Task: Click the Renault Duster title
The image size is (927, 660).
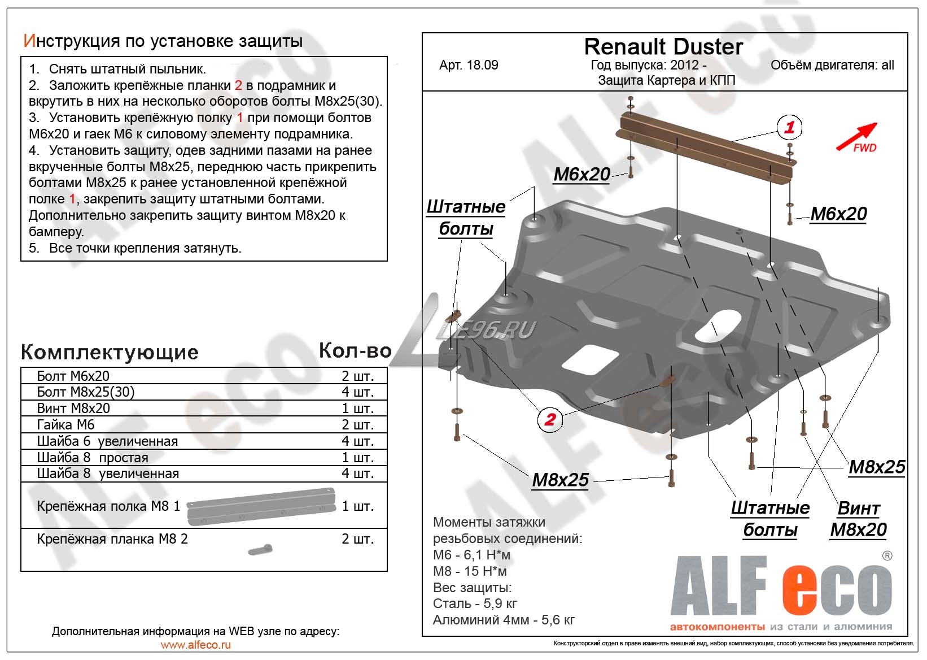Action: pyautogui.click(x=663, y=47)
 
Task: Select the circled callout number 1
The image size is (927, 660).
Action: pyautogui.click(x=789, y=127)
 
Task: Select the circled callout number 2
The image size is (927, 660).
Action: pyautogui.click(x=549, y=419)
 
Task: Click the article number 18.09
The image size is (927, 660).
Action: pyautogui.click(x=469, y=65)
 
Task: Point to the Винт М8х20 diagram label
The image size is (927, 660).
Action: pyautogui.click(x=858, y=519)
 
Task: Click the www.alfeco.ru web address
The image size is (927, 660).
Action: pyautogui.click(x=196, y=645)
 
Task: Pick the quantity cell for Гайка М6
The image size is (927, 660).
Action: pyautogui.click(x=357, y=425)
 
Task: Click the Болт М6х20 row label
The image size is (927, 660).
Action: pyautogui.click(x=73, y=376)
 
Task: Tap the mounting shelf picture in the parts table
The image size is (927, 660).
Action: pyautogui.click(x=261, y=506)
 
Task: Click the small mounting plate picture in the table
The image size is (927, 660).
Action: pyautogui.click(x=260, y=550)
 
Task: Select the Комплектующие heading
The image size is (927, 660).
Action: pyautogui.click(x=110, y=352)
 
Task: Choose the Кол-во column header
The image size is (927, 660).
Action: pyautogui.click(x=355, y=351)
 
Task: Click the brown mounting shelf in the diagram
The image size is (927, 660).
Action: pyautogui.click(x=706, y=149)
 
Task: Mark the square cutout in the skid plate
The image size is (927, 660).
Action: pyautogui.click(x=590, y=358)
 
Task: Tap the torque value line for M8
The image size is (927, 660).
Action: pyautogui.click(x=470, y=571)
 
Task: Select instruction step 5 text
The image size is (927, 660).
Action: pyautogui.click(x=135, y=248)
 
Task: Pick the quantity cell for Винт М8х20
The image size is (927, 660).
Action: pyautogui.click(x=357, y=408)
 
